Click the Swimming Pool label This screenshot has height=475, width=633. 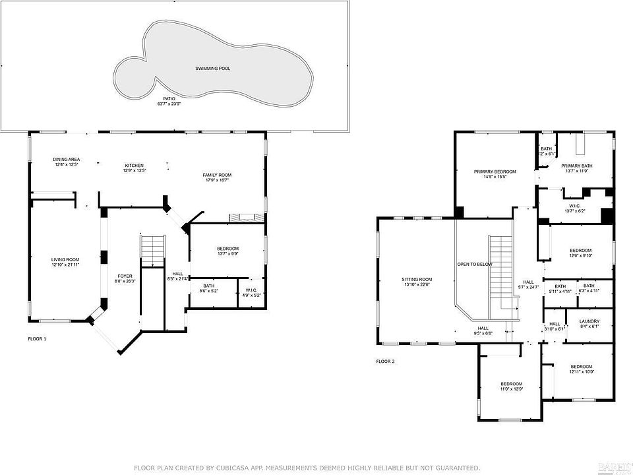[212, 69]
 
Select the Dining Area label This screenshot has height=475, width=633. [66, 160]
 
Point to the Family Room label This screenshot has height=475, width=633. [217, 174]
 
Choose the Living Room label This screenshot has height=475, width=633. [65, 259]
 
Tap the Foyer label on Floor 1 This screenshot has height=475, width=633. [125, 276]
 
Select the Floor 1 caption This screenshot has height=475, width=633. [37, 338]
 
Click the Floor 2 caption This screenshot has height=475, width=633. [385, 362]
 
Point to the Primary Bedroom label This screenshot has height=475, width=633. [495, 172]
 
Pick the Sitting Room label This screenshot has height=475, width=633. [416, 280]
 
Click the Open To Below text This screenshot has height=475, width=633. [475, 264]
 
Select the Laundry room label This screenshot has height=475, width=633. [589, 321]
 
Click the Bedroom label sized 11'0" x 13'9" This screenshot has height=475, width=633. [511, 384]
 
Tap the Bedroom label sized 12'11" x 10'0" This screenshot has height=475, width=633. [581, 367]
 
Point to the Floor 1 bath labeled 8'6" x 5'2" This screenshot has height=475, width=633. [209, 286]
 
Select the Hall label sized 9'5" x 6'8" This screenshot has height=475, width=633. [483, 328]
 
